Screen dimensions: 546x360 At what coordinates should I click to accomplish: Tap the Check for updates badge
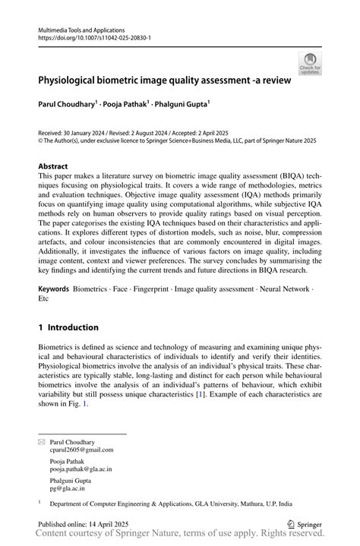[310, 64]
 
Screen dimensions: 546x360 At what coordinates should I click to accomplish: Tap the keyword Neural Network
[283, 289]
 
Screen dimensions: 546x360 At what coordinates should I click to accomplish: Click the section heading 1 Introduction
[68, 327]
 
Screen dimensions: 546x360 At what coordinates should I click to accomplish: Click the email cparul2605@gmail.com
[81, 450]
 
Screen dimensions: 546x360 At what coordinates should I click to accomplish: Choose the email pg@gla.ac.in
[68, 489]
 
